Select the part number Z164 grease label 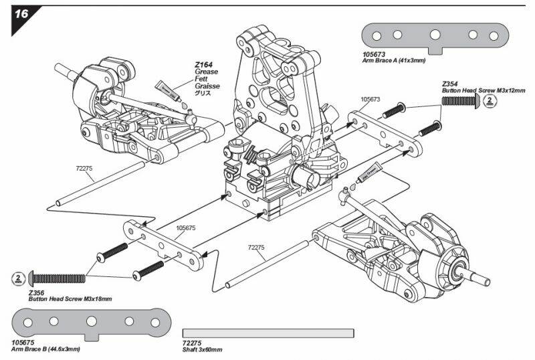[x=203, y=65]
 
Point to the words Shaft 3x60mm [x=203, y=349]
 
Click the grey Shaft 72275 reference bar [x=267, y=333]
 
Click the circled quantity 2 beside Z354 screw [x=490, y=100]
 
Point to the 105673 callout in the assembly [x=370, y=99]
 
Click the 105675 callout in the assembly [x=185, y=228]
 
